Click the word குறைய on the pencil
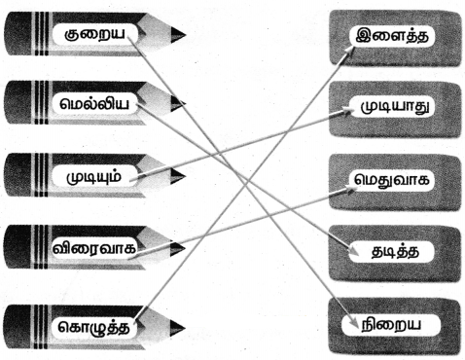[94, 34]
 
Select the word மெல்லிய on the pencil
[94, 104]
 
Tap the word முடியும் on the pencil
[94, 176]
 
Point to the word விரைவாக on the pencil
[94, 248]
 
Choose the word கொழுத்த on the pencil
[94, 327]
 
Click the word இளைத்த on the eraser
[392, 35]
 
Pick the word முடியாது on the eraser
[397, 106]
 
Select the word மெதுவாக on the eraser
[392, 179]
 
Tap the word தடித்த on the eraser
[395, 252]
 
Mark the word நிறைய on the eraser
[391, 324]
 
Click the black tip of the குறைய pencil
[178, 35]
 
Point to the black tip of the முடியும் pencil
[178, 176]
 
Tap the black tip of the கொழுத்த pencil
[177, 327]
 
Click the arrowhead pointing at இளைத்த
[349, 51]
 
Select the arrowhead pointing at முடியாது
[347, 112]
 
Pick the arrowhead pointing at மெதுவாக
[347, 190]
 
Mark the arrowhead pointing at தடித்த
[352, 251]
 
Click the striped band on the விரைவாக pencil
[41, 248]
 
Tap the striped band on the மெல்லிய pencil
[41, 103]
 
